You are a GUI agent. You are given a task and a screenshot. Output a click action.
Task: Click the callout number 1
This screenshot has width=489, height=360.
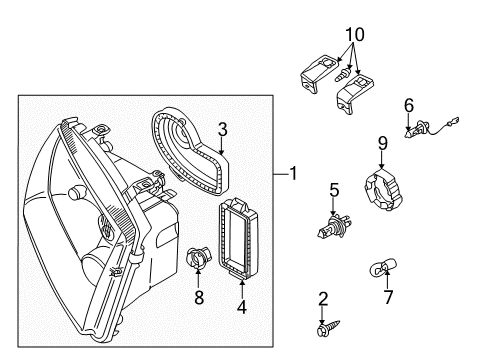(293, 173)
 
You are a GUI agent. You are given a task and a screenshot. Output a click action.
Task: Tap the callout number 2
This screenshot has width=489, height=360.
(323, 299)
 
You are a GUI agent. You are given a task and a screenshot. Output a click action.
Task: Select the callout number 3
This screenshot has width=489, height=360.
(223, 129)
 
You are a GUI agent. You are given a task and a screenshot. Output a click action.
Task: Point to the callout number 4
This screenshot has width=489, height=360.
(242, 307)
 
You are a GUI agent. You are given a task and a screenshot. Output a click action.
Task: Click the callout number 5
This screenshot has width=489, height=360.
(334, 190)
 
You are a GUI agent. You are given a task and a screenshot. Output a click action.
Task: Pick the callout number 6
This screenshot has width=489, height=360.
(409, 105)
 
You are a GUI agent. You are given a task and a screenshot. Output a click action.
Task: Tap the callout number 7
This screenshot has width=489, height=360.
(388, 297)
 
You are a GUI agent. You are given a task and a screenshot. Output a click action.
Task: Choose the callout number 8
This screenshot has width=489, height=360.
(199, 297)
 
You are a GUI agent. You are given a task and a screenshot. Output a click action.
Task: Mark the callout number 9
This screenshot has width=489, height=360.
(383, 143)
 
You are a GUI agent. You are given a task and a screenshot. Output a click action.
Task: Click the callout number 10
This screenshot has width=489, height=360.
(355, 35)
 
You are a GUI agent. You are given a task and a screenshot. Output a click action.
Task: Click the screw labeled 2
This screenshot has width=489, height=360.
(328, 328)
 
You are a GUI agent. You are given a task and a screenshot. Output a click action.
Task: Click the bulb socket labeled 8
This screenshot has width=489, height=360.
(197, 258)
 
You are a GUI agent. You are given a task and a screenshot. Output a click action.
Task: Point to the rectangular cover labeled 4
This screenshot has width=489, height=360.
(238, 237)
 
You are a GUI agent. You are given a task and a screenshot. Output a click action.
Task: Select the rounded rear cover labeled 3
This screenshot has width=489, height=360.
(189, 151)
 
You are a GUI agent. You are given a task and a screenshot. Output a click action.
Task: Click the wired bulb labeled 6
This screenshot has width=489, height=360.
(431, 128)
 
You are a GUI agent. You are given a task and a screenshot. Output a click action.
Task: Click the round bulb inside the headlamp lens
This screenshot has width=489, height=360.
(77, 192)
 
